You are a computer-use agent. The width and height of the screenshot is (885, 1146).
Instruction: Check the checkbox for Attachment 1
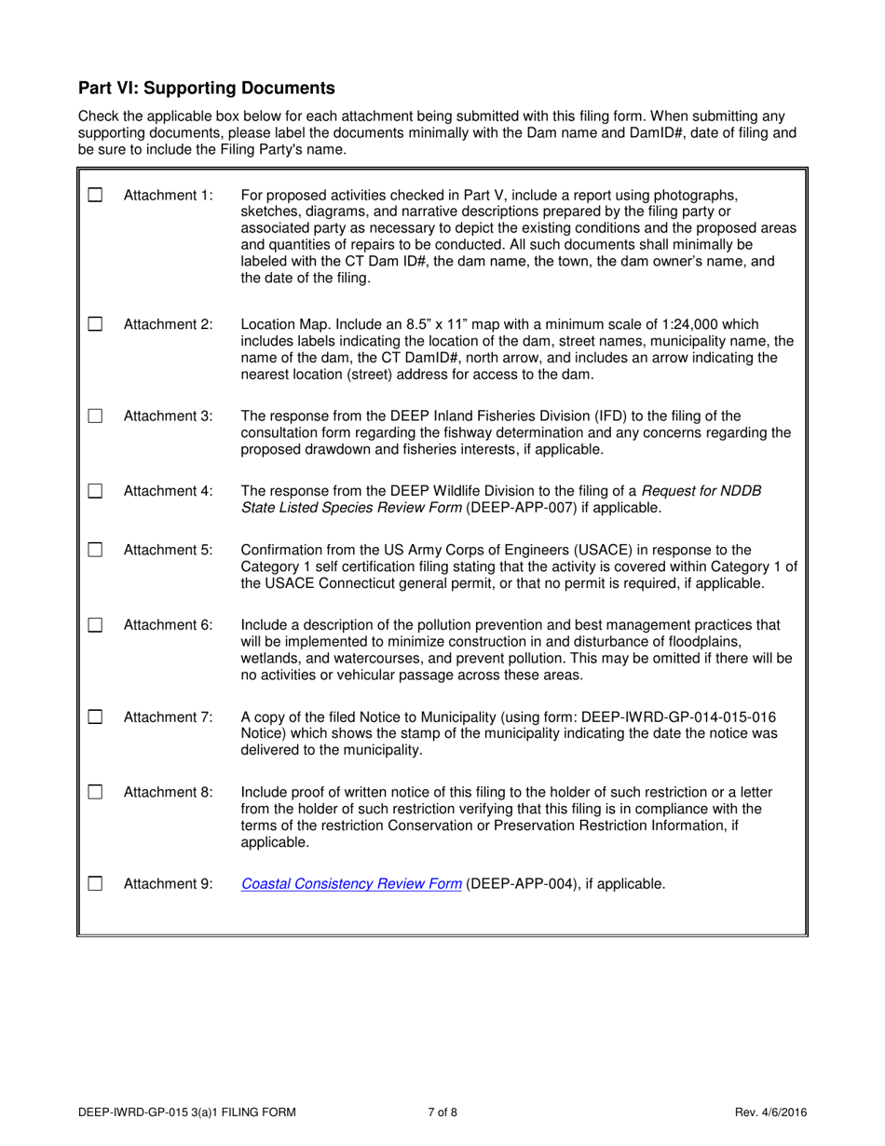94,197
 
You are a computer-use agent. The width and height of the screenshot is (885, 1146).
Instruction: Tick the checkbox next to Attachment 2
94,325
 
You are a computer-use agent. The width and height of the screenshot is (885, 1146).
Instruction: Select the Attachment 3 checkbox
94,416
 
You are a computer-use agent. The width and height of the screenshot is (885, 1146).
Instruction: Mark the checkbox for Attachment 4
94,491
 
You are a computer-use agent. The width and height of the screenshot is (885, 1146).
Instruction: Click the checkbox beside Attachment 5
94,550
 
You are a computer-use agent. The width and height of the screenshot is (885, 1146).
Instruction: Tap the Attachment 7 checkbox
94,717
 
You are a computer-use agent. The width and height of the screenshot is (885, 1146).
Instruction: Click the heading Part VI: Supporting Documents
206,89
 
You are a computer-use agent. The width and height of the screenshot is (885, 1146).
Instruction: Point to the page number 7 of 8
442,1112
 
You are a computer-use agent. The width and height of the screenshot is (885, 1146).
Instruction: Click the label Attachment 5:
168,550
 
